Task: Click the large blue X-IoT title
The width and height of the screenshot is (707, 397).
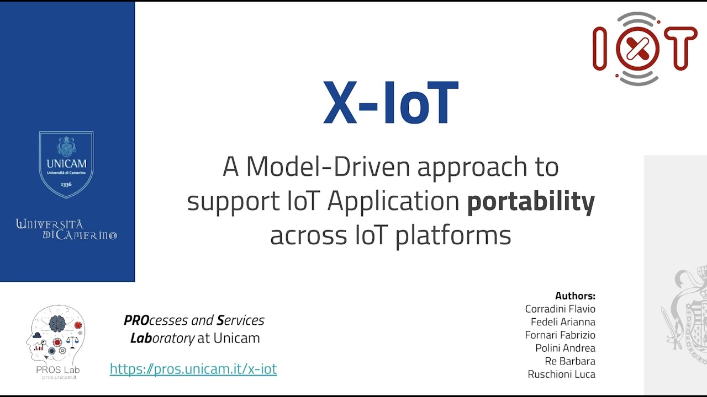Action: point(391,104)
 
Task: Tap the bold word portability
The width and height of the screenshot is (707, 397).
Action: point(531,201)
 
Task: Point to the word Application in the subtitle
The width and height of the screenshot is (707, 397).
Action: point(393,202)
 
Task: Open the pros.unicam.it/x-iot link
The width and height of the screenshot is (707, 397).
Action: point(193,369)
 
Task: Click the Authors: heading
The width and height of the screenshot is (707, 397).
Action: point(575,296)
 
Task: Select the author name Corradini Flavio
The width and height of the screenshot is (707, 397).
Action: point(560,309)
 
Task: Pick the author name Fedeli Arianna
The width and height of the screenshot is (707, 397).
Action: point(563,322)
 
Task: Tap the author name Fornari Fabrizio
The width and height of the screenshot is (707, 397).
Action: point(560,335)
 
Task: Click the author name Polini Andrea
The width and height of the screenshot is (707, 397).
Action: point(565,348)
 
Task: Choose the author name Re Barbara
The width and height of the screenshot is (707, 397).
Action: point(570,361)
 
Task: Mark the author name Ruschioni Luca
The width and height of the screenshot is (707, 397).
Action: point(561,374)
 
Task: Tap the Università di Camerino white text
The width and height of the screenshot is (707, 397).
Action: point(66,229)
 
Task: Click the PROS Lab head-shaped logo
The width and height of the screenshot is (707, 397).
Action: point(55,336)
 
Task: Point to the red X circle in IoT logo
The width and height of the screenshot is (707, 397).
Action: point(637,49)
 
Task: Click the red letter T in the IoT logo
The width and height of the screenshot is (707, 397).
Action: point(680,49)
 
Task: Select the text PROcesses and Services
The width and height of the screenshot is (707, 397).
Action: point(194,320)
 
